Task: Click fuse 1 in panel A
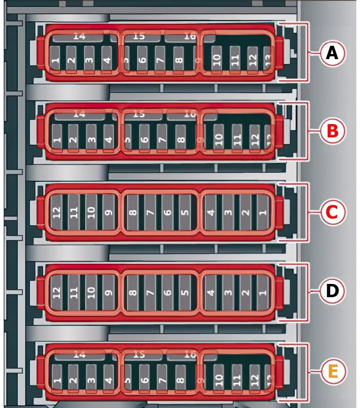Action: tap(55, 60)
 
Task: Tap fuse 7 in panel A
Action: tap(160, 60)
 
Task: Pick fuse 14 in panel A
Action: tap(79, 37)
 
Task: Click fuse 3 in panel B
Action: tap(91, 138)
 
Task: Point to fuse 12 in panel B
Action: tap(255, 138)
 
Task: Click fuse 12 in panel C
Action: tap(57, 212)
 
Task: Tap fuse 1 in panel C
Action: tap(262, 212)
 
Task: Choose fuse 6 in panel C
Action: tap(168, 212)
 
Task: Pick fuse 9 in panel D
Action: tap(109, 291)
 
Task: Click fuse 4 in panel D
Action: tap(211, 291)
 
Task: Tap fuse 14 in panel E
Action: tap(80, 355)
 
